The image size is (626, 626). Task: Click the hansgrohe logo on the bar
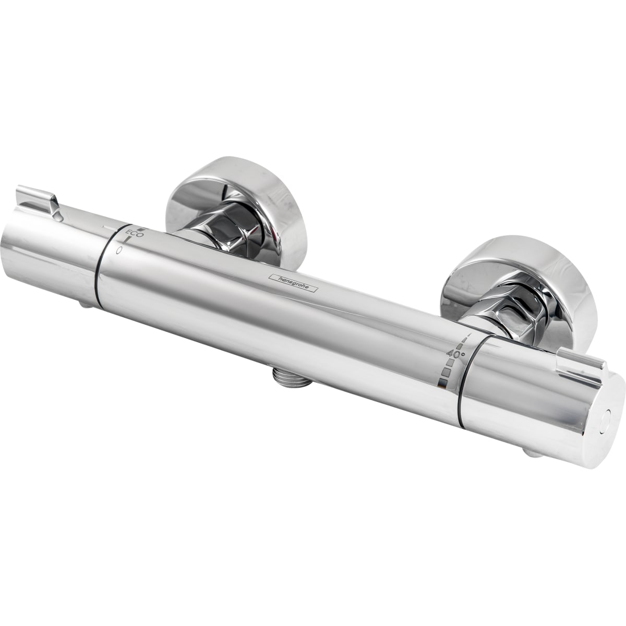click(x=293, y=283)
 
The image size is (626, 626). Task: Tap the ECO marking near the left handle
click(x=134, y=233)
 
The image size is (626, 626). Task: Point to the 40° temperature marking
click(x=456, y=354)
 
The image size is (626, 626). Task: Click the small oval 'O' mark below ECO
click(x=119, y=249)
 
